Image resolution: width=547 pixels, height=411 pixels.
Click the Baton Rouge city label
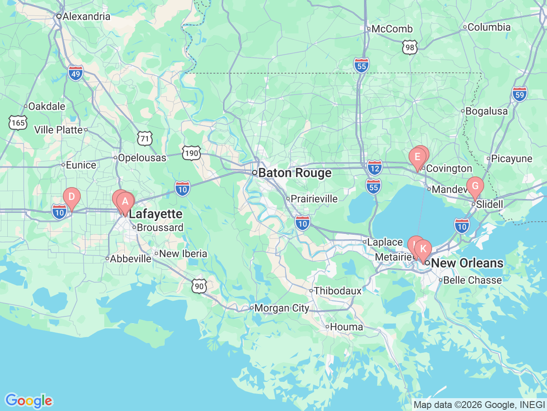click(295, 173)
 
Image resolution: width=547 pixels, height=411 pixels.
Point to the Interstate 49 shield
click(76, 73)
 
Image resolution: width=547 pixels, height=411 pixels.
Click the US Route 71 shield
click(145, 138)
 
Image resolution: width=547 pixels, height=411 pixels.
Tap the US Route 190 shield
click(191, 153)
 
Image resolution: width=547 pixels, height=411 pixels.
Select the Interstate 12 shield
click(374, 168)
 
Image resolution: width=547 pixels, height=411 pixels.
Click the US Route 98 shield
click(410, 48)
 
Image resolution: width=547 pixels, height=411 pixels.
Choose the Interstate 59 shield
click(519, 94)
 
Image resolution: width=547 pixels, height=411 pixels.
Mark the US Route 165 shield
click(18, 123)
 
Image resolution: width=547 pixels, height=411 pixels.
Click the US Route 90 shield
click(199, 286)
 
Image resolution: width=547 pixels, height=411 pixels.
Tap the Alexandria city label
click(86, 17)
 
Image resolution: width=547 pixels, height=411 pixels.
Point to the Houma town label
click(346, 327)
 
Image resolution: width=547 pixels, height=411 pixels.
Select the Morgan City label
click(281, 308)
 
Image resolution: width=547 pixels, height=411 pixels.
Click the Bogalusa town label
click(486, 111)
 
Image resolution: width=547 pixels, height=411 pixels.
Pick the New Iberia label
click(183, 254)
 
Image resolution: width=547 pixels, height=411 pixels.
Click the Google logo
click(29, 401)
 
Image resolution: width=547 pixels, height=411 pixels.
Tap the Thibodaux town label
click(338, 291)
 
